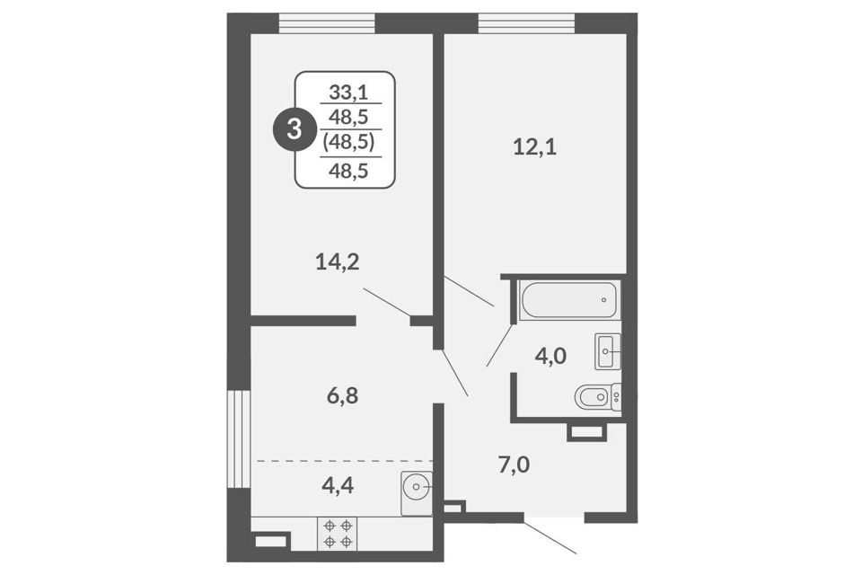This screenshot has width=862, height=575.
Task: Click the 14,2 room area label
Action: tap(338, 261)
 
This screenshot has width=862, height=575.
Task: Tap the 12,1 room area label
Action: tap(534, 147)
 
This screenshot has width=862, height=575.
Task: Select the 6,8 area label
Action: tap(342, 395)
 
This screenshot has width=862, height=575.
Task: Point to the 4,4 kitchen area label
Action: tap(338, 485)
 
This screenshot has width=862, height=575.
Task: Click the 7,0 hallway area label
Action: tap(514, 465)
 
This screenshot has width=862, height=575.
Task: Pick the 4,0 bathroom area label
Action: tap(550, 357)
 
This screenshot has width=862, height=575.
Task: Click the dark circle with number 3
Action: tap(295, 130)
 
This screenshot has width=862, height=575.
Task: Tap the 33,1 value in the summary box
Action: tap(348, 92)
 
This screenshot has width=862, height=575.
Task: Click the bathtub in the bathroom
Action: tap(568, 300)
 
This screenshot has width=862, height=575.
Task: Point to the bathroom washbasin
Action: tap(608, 350)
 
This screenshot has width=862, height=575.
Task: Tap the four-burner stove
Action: tap(337, 534)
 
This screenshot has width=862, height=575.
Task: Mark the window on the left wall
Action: tap(239, 438)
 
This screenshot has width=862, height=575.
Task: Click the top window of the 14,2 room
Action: tap(327, 23)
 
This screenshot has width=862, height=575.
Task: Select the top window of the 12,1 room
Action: tap(526, 23)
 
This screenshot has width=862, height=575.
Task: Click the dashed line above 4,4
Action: tap(342, 460)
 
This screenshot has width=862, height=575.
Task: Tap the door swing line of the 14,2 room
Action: tap(387, 302)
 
